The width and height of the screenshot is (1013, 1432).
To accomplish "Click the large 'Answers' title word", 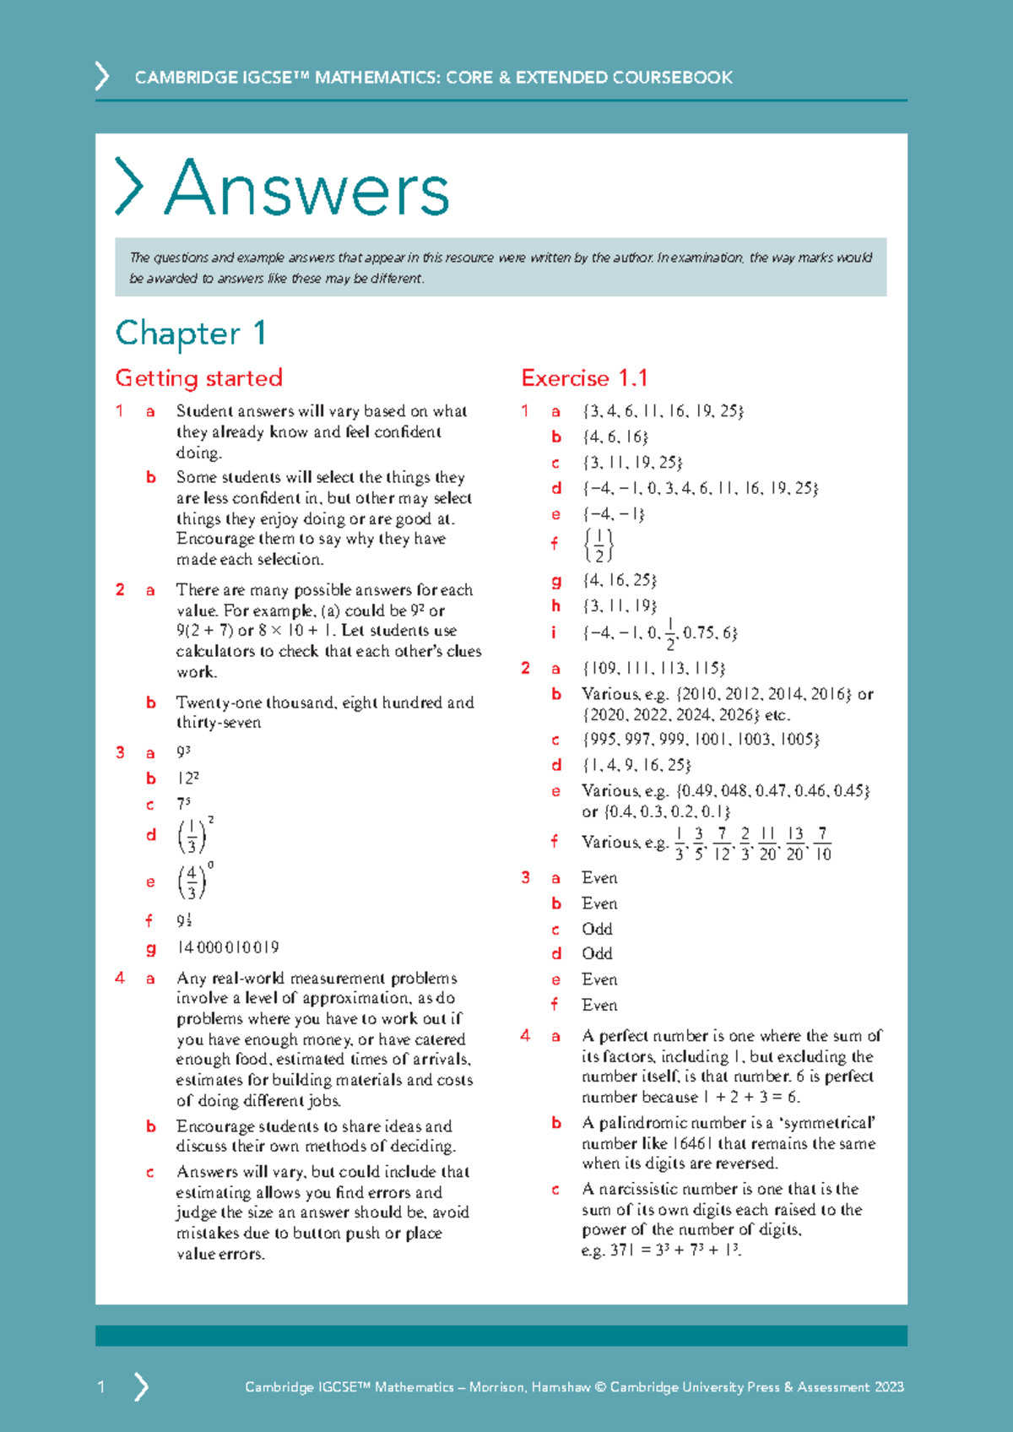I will coord(307,189).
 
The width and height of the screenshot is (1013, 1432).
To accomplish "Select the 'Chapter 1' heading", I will coord(191,334).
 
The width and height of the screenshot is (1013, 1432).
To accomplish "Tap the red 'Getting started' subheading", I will coord(198,378).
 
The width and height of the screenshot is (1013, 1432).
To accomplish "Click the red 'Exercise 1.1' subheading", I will coord(584,378).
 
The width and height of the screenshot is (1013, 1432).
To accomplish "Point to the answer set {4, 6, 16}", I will coord(615,437).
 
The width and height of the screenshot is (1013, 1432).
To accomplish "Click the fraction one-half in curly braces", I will coord(599,545).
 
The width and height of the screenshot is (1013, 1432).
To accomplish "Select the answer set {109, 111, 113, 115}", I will coord(653,669).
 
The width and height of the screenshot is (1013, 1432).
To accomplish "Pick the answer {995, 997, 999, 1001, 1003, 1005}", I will coord(701,740).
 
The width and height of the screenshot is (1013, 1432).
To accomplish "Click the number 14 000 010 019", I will coord(228,947).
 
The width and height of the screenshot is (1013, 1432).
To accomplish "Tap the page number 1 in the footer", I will coord(101,1387).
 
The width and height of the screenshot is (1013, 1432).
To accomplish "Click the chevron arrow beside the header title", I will coord(102,76).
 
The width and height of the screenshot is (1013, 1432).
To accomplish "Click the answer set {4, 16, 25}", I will coord(620,581).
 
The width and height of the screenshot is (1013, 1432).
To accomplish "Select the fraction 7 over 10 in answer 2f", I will coord(823,843).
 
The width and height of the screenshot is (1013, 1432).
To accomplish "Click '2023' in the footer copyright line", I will coord(889,1387).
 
